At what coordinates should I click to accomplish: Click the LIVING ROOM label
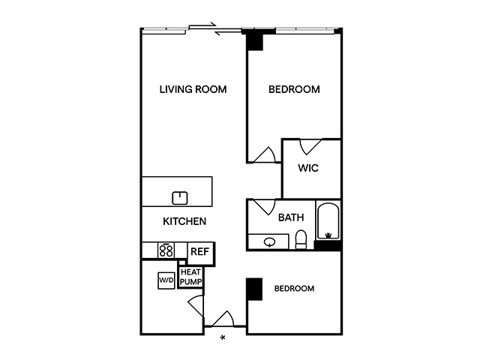[x=193, y=89]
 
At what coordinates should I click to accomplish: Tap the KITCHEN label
[x=184, y=221]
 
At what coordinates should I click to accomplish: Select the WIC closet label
[x=308, y=168]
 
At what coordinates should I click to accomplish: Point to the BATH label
[x=291, y=217]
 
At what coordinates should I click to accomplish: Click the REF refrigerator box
[x=200, y=253]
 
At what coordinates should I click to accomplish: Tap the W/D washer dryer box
[x=166, y=280]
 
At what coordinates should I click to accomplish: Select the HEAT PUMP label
[x=190, y=277]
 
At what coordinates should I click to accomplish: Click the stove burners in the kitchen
[x=166, y=250]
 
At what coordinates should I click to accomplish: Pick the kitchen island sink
[x=180, y=198]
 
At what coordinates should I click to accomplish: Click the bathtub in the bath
[x=328, y=220]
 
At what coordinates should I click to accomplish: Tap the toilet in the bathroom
[x=301, y=239]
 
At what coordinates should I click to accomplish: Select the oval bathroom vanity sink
[x=269, y=242]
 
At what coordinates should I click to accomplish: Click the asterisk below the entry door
[x=223, y=337]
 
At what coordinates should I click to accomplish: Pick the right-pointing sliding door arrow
[x=202, y=25]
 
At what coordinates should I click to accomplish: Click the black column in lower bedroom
[x=255, y=289]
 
